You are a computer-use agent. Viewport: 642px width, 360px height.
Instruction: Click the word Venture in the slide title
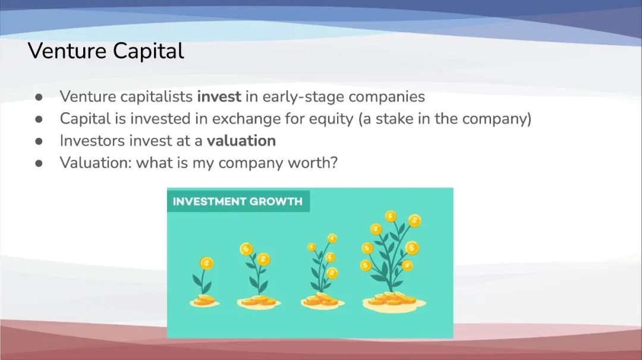(67, 51)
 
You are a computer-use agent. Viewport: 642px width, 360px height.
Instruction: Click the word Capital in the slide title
(148, 52)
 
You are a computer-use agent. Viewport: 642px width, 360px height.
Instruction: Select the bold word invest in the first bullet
(219, 97)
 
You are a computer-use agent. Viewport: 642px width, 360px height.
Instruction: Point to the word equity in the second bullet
(331, 119)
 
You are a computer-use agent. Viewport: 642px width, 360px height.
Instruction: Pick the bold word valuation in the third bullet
(241, 141)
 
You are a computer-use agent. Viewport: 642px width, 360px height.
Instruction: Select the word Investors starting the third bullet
(92, 141)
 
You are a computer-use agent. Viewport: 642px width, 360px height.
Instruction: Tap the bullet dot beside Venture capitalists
(39, 97)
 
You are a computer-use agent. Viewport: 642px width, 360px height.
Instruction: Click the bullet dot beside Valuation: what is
(39, 163)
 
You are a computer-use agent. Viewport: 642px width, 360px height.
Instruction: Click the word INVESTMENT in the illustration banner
(208, 201)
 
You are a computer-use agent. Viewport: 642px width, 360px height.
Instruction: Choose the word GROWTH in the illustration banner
(276, 201)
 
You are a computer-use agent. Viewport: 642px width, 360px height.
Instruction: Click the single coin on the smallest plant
(206, 263)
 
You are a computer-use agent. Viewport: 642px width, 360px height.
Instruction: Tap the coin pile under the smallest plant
(204, 301)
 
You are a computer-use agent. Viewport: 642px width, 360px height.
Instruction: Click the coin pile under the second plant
(259, 302)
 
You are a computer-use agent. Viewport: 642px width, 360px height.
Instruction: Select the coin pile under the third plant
(323, 301)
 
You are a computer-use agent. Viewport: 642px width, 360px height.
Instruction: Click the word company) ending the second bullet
(497, 119)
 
